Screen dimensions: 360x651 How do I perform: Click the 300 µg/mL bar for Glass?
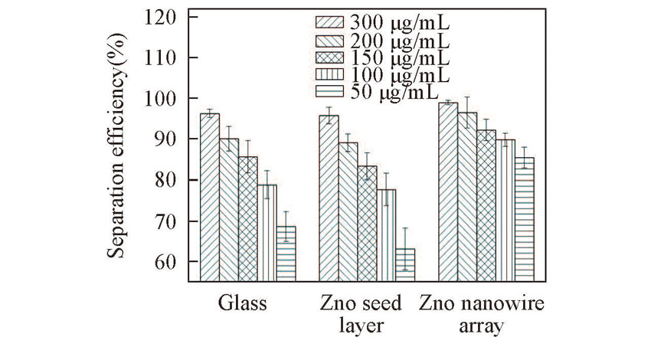point(210,197)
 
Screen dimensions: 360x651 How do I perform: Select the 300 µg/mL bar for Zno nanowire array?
point(448,191)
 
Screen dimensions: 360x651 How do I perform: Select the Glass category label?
point(242,303)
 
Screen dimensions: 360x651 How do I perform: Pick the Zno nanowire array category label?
point(481,315)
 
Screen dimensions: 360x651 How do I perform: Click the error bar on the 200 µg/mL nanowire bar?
point(467,112)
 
